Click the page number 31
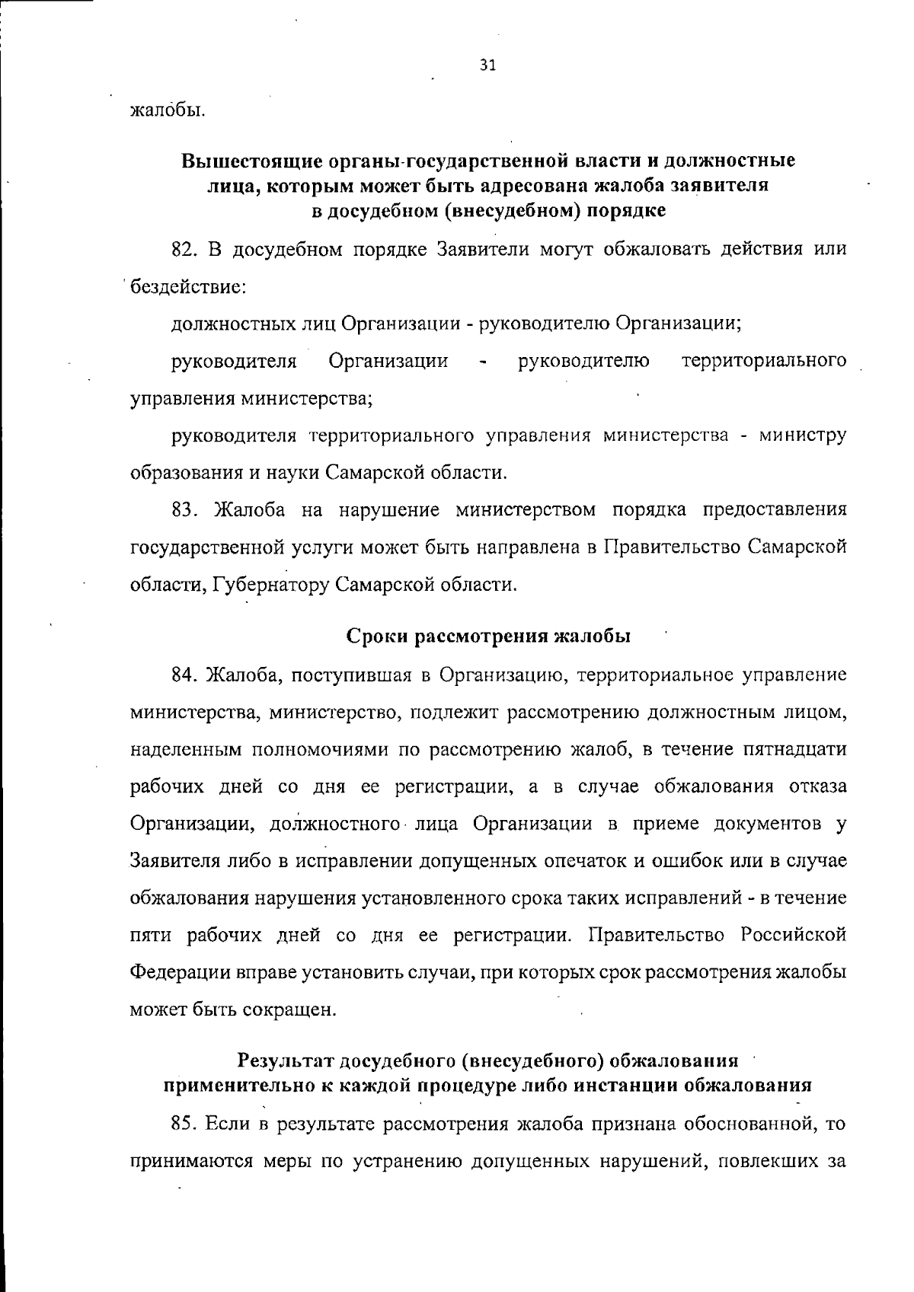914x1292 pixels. click(x=488, y=65)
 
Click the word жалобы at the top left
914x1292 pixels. click(x=168, y=110)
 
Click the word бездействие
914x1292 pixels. click(x=188, y=288)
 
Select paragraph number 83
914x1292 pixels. click(x=186, y=509)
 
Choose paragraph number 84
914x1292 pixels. click(x=186, y=675)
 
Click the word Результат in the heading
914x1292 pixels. click(x=285, y=1061)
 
